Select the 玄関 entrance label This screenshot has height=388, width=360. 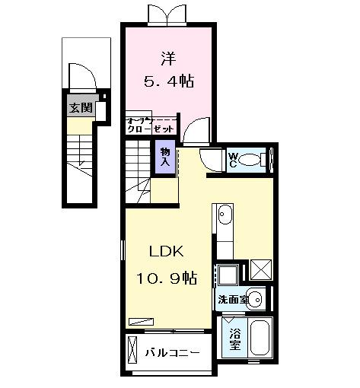point(78,107)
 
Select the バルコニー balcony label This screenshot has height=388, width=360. point(172,353)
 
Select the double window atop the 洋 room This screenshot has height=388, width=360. point(167,13)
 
